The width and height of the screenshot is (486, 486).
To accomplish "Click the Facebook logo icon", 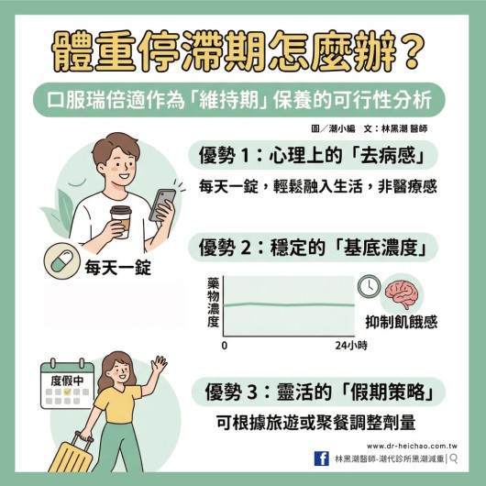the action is (322, 458).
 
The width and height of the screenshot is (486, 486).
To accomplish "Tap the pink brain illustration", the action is (402, 294).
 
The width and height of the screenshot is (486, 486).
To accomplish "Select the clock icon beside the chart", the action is (370, 286).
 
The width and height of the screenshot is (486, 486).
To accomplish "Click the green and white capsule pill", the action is (62, 261).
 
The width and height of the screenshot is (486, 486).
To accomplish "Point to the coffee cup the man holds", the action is (121, 221).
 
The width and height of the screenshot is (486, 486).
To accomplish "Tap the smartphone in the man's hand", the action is (162, 204).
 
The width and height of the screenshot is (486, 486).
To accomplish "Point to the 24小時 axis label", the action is (351, 346).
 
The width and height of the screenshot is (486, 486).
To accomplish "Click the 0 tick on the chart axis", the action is (225, 346).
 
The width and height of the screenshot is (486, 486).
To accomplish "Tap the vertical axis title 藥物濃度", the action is (214, 303).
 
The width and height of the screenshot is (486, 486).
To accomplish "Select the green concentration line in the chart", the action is (289, 304).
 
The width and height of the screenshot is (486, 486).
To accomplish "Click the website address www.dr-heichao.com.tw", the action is (412, 446).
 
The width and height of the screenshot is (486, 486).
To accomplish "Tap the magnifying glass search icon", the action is (454, 458).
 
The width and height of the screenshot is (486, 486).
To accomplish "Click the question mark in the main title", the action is (412, 51).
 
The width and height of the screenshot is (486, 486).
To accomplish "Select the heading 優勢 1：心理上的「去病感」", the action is (312, 155).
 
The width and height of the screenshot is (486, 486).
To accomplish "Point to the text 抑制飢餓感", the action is (402, 322).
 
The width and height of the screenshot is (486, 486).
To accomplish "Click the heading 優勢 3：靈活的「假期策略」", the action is (319, 392).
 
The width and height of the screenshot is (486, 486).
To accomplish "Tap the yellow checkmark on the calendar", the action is (67, 392).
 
